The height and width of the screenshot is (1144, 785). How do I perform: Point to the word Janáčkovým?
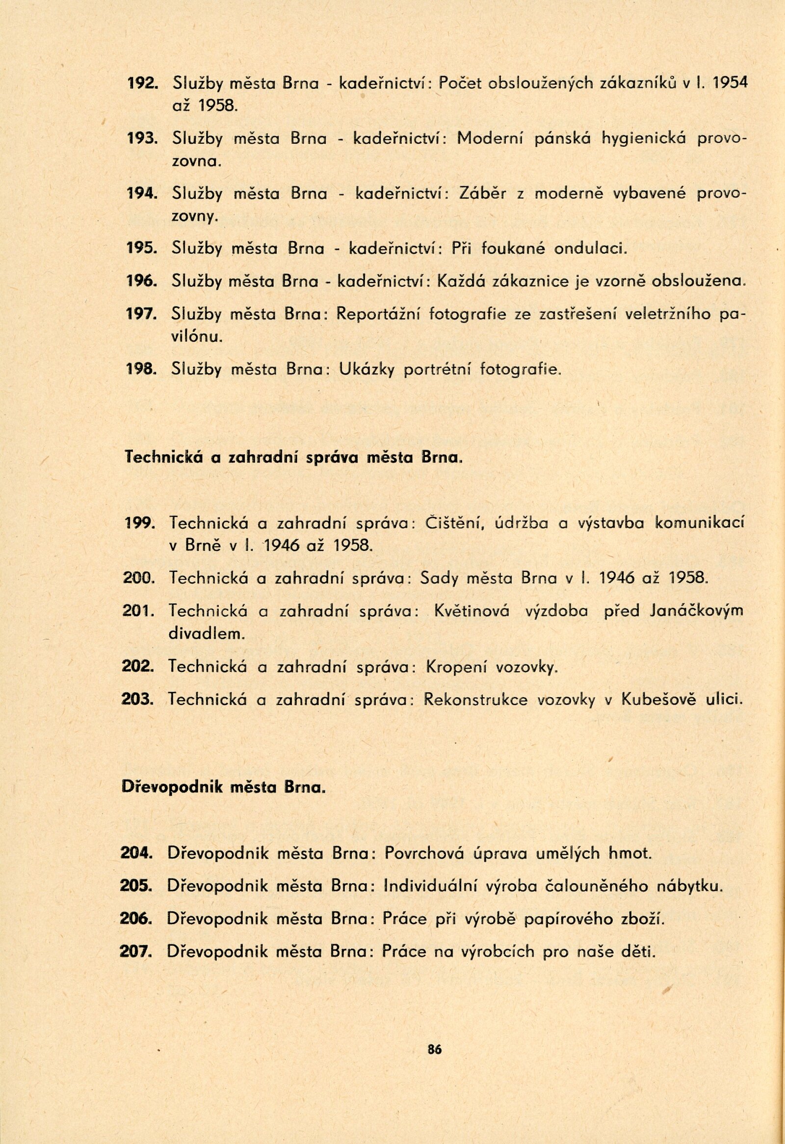coord(696,611)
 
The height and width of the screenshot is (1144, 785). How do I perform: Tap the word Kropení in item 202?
coord(457,666)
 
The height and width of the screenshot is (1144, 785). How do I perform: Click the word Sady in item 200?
coord(439,577)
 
